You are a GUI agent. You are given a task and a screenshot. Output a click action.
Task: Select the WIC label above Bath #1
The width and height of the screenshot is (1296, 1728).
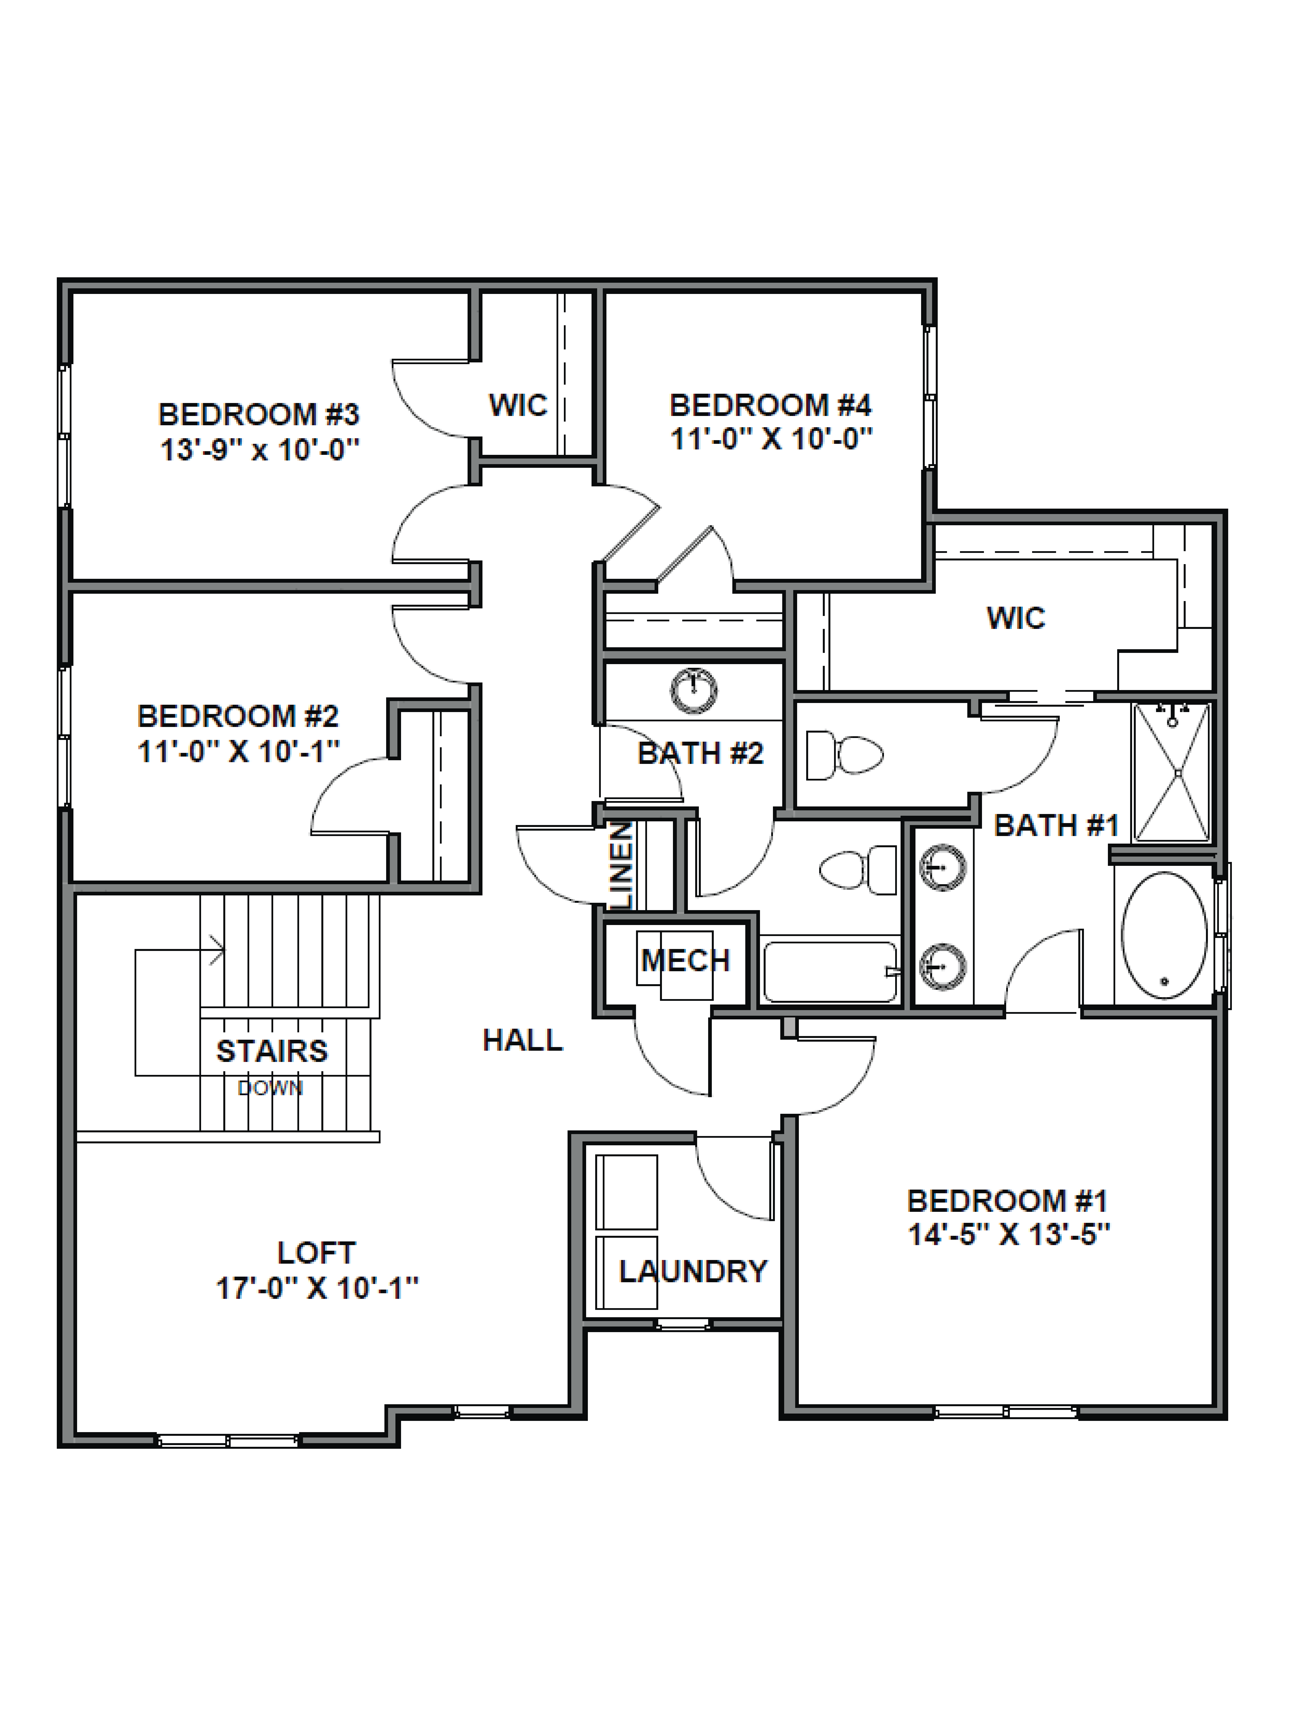pyautogui.click(x=1015, y=618)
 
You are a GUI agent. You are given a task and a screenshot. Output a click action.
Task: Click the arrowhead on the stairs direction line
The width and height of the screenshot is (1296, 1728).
pyautogui.click(x=219, y=951)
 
